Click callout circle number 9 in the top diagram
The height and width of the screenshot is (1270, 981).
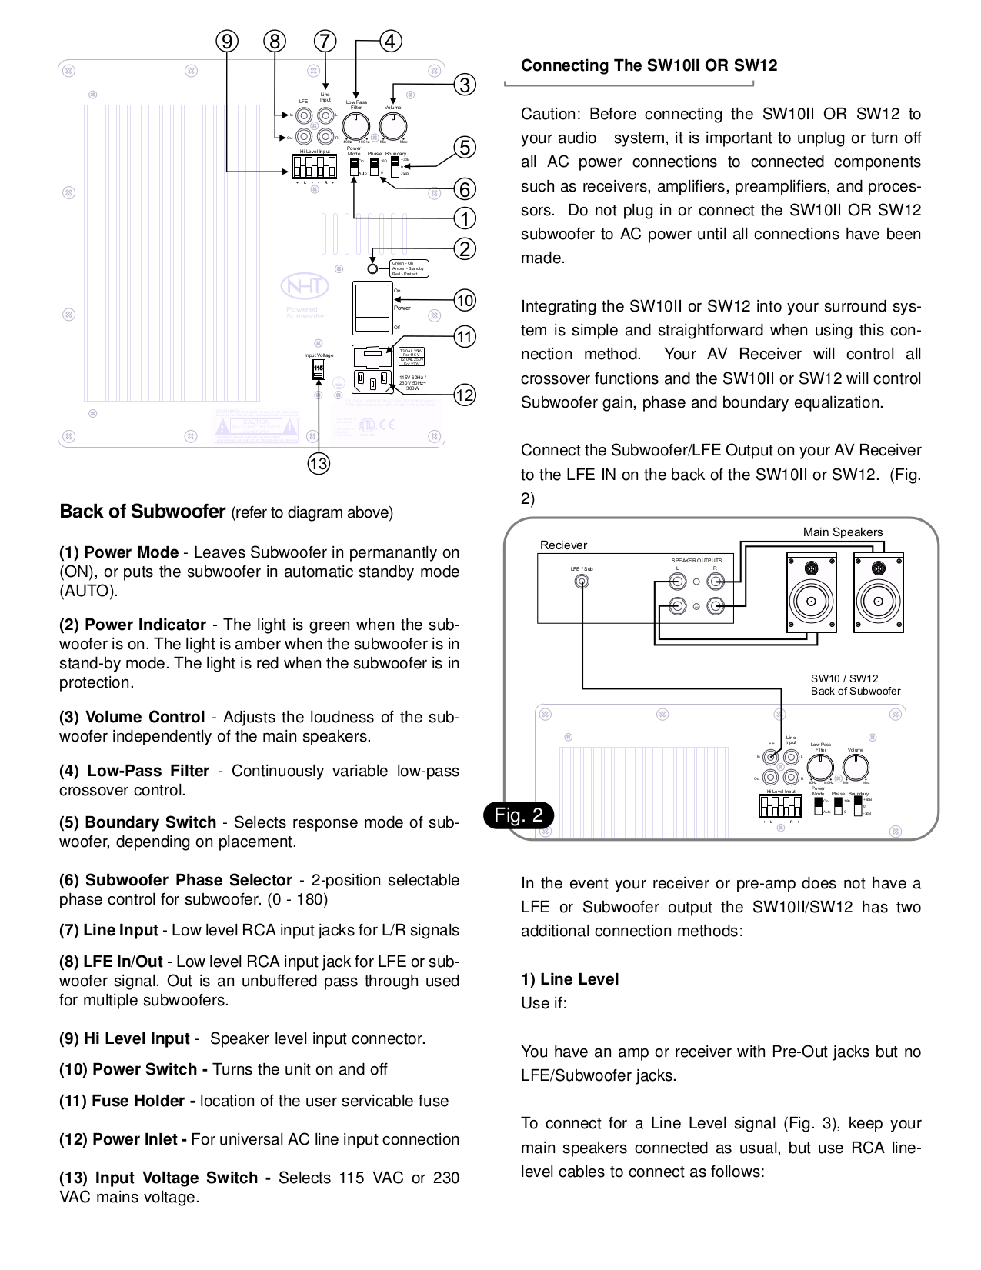click(226, 42)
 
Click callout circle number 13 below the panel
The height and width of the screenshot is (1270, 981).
click(318, 463)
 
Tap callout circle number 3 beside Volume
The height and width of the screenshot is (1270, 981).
click(465, 84)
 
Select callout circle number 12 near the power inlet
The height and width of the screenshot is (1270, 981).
click(465, 395)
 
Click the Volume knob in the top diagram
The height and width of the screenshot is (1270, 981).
click(393, 125)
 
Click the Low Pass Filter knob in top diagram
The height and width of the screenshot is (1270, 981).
click(355, 125)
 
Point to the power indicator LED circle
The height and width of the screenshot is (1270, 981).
click(372, 268)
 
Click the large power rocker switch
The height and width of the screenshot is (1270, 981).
click(372, 307)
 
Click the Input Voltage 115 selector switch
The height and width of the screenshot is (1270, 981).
click(319, 369)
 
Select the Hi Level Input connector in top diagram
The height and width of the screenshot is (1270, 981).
click(313, 165)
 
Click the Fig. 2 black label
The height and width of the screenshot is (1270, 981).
click(519, 815)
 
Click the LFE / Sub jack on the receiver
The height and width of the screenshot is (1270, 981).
click(582, 581)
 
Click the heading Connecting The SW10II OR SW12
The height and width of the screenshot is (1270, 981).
click(649, 65)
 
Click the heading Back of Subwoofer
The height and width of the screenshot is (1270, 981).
click(142, 512)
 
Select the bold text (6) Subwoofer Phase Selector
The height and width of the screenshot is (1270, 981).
click(175, 880)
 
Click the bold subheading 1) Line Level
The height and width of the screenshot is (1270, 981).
click(569, 979)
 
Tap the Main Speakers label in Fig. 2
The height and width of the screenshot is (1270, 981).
click(843, 532)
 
